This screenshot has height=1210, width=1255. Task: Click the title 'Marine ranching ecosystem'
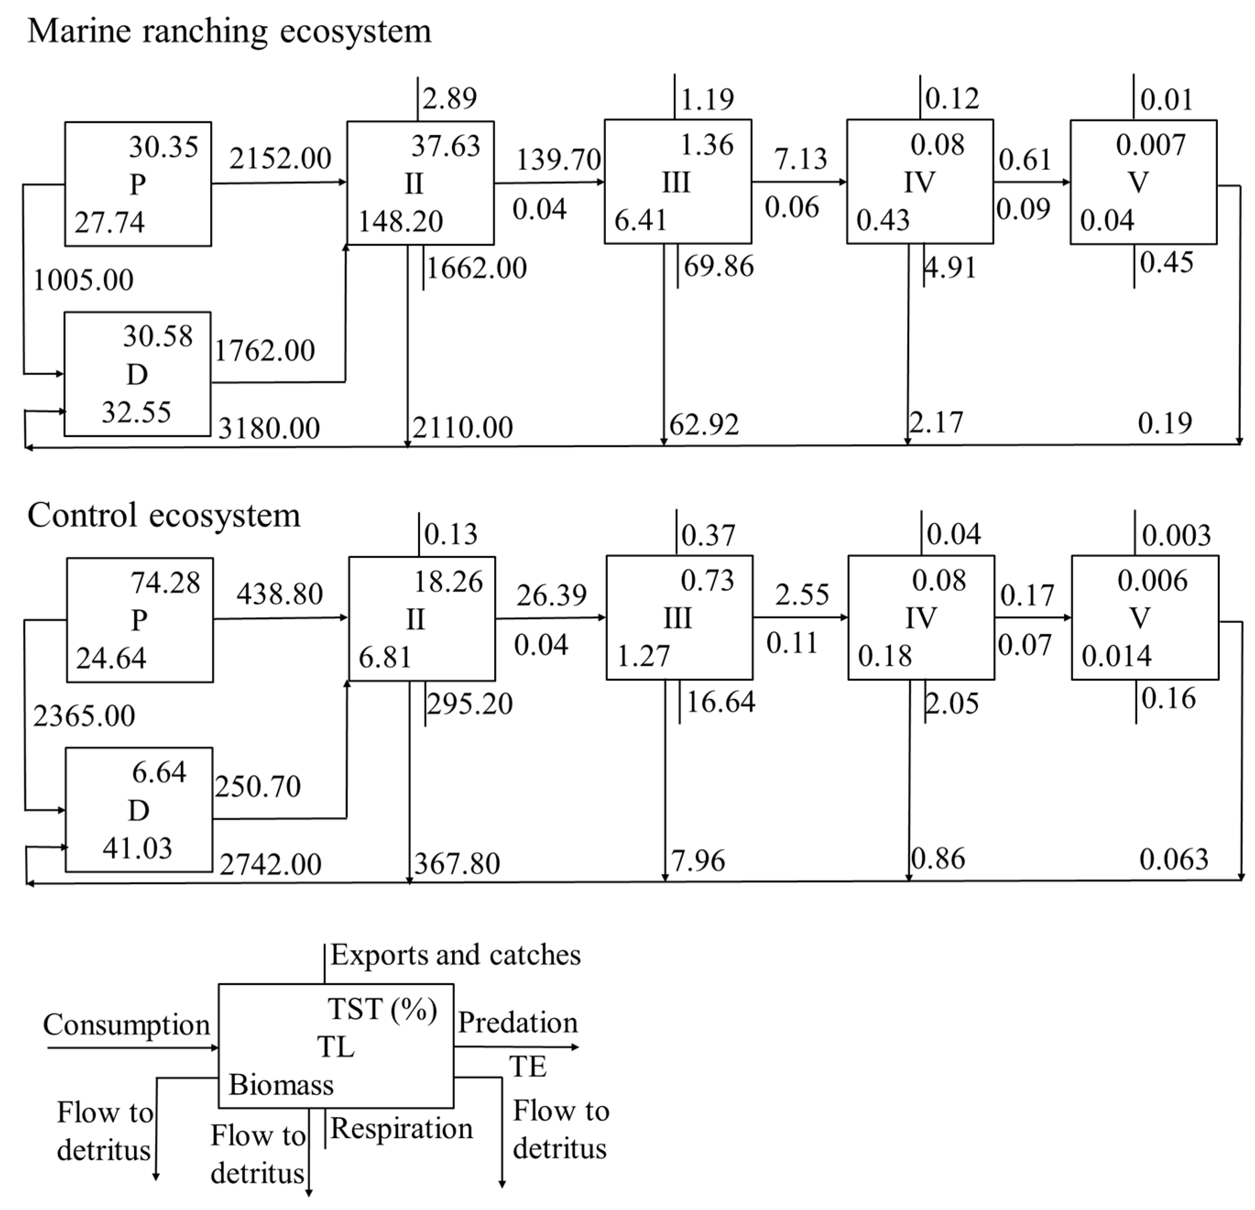pos(229,31)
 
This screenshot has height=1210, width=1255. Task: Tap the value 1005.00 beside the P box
pos(83,280)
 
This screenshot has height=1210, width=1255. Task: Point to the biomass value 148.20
pos(400,222)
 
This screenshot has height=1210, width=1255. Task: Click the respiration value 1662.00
pos(476,267)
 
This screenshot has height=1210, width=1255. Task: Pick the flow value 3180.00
pos(269,428)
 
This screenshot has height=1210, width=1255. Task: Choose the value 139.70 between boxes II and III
pos(558,159)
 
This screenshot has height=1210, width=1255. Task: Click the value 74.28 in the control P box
pos(165,583)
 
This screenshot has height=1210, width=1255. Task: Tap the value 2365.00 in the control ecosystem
pos(84,716)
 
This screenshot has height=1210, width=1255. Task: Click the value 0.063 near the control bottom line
pos(1173,859)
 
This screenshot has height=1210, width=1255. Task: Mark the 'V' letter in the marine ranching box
pos(1138,182)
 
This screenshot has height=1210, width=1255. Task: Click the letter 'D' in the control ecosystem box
pos(138,811)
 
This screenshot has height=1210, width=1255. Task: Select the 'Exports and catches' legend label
pos(455,954)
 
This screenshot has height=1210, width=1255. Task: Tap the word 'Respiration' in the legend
pos(402,1128)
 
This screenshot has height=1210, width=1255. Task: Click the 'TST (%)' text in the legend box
pos(382,1009)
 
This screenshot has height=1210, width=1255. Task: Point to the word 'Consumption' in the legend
pos(126,1025)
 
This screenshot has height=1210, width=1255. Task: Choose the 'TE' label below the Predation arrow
pos(528,1067)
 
